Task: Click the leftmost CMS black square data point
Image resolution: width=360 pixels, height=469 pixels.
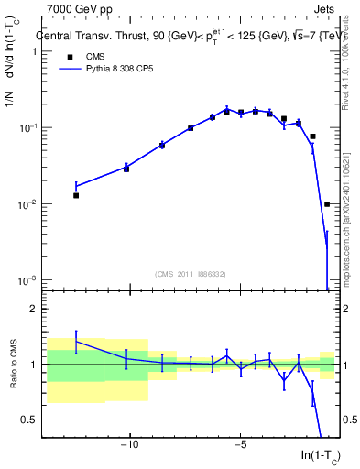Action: click(76, 195)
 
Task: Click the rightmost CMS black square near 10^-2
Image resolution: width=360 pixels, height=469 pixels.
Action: click(327, 204)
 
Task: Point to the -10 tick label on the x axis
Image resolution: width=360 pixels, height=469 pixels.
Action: click(129, 445)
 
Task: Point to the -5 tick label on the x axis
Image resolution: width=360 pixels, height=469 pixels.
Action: click(240, 445)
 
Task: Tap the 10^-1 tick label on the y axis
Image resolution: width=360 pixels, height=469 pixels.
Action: click(27, 127)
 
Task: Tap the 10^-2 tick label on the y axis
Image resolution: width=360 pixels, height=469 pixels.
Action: click(27, 204)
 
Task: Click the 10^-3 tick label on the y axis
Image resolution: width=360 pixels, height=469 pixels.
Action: click(27, 280)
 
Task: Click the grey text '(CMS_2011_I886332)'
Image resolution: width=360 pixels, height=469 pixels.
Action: click(191, 273)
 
